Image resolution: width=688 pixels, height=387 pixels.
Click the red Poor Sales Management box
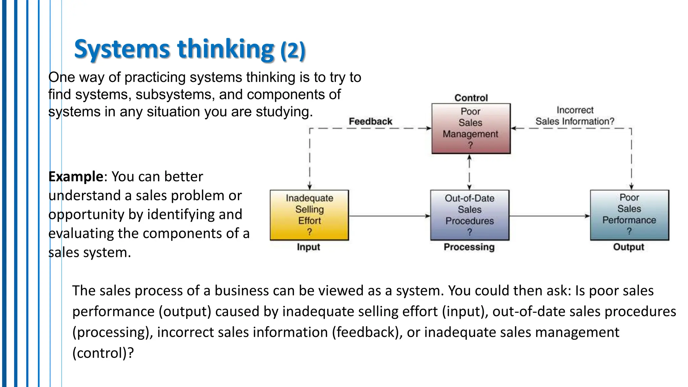point(471,128)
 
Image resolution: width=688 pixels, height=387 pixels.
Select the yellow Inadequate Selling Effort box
point(309,215)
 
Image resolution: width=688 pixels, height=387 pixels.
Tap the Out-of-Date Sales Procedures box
point(469,215)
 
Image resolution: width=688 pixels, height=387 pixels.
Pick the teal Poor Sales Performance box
point(629,215)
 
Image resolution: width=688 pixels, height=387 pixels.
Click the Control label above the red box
point(471,98)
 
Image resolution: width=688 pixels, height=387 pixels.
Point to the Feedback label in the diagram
point(370,121)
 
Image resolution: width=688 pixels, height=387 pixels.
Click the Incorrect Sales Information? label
point(574,116)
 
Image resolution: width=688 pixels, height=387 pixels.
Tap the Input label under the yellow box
point(308,247)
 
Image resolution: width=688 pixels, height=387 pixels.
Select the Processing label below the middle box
point(469,247)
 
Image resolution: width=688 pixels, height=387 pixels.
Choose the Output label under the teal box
point(629,247)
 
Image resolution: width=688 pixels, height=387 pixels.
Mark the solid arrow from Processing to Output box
point(549,216)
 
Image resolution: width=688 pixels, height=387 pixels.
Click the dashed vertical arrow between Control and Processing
point(469,172)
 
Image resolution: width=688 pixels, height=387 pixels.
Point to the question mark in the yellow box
point(309,232)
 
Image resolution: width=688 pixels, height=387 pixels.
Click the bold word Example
point(76,176)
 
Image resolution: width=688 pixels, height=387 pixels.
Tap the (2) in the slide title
point(293,50)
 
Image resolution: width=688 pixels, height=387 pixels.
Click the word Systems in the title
point(122,49)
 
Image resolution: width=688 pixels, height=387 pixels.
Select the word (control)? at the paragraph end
point(103,353)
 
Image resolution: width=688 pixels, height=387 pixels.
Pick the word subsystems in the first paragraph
point(175,95)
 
